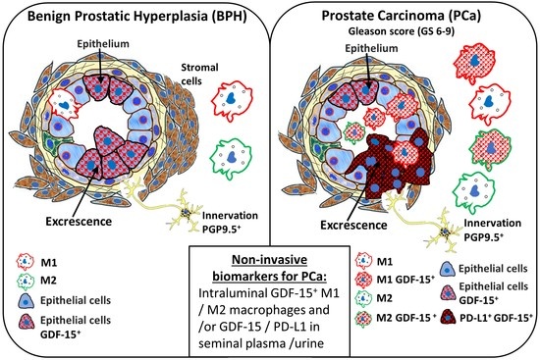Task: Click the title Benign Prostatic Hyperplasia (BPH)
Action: [134, 17]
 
